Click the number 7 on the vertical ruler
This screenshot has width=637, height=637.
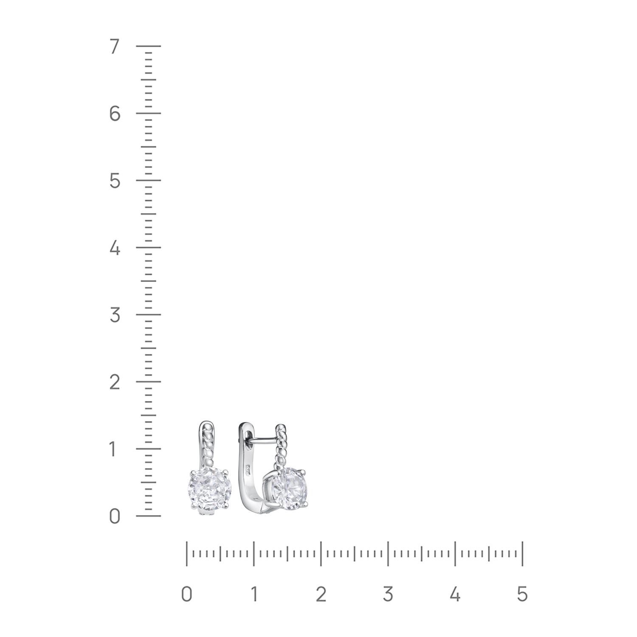coord(114,47)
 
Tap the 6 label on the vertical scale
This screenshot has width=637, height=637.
coord(114,114)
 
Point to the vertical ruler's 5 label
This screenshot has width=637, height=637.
coord(114,181)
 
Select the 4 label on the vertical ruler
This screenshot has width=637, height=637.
coord(114,248)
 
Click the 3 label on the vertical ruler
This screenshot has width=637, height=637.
coord(114,315)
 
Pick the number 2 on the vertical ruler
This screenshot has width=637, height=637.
coord(114,382)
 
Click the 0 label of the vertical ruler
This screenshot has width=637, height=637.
coord(114,516)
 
